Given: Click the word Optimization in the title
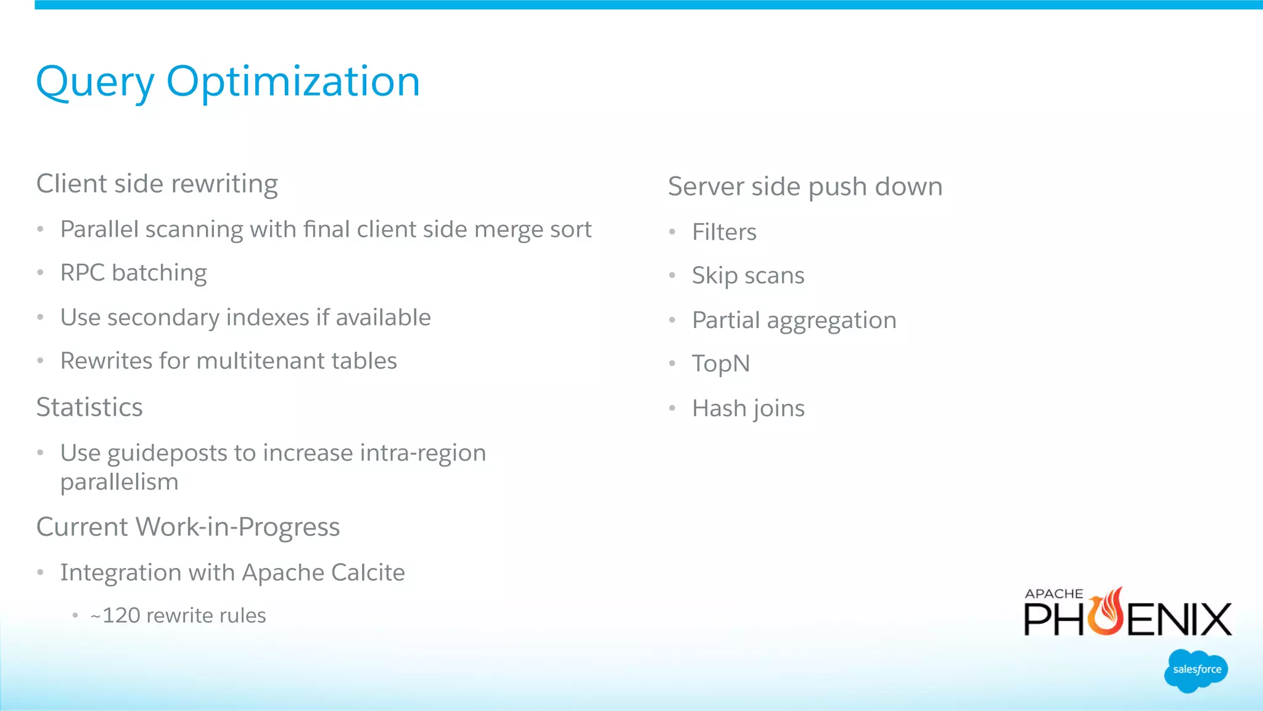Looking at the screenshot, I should click(x=293, y=81).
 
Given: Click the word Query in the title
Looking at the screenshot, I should click(x=95, y=83).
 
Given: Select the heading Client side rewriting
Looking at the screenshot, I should click(x=157, y=184).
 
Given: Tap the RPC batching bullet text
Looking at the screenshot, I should click(x=133, y=273).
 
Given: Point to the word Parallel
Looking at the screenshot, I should click(x=99, y=229).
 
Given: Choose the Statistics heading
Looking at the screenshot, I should click(x=89, y=407).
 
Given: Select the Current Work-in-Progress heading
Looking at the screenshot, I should click(x=188, y=527).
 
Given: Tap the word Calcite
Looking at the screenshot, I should click(x=368, y=572).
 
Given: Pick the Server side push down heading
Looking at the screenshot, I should click(x=805, y=186).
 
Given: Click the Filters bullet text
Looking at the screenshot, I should click(x=724, y=232).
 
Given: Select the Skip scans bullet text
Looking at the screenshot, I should click(x=748, y=276).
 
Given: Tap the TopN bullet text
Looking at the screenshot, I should click(x=721, y=364).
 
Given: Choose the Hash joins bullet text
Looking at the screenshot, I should click(x=748, y=408).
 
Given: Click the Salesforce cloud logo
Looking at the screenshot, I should click(x=1196, y=670).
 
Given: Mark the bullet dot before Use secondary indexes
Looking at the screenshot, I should click(x=40, y=318).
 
